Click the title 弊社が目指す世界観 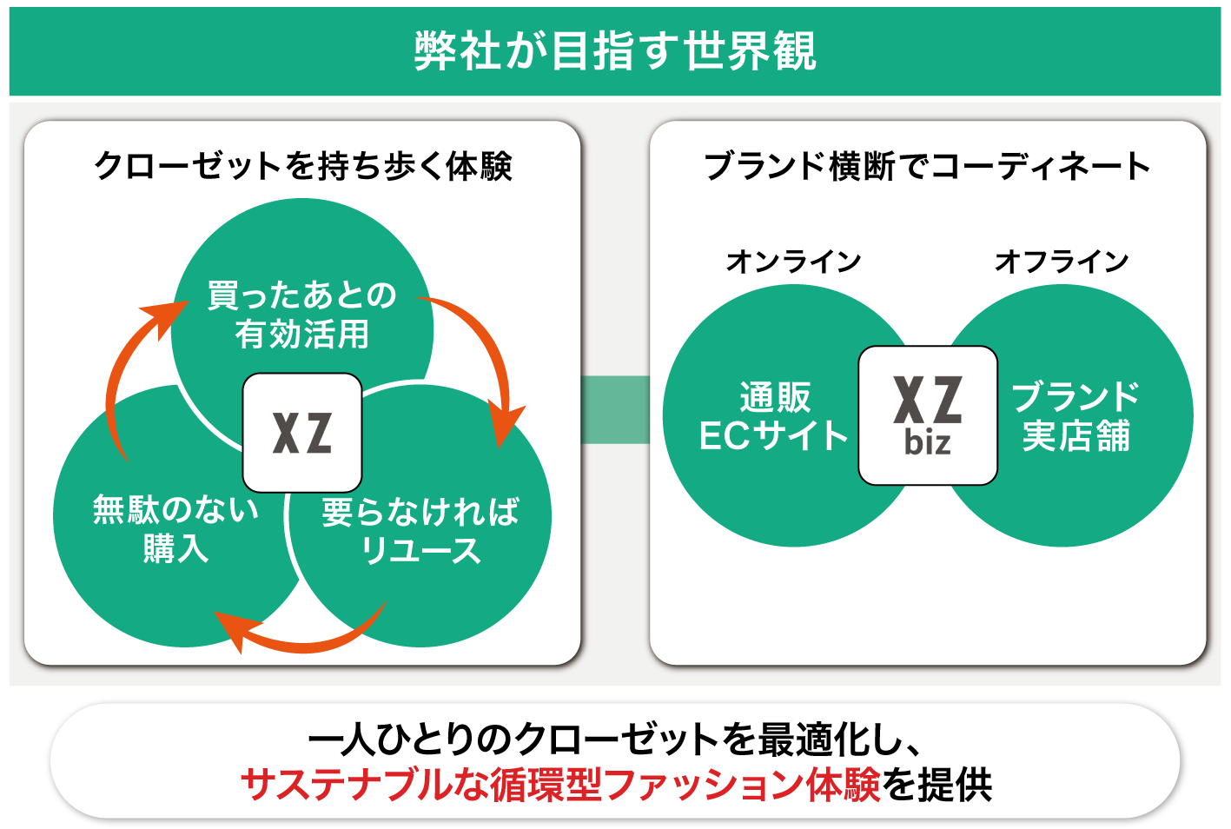(x=615, y=51)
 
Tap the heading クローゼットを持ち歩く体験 (x=302, y=166)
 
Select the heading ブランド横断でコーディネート (x=927, y=166)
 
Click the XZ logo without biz (x=302, y=433)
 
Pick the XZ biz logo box (x=928, y=415)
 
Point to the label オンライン (x=793, y=261)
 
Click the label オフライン (x=1061, y=261)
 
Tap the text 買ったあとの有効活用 (x=302, y=315)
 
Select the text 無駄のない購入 (x=176, y=528)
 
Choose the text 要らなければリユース (x=420, y=531)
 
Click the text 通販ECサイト (x=773, y=416)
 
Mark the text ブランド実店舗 (x=1075, y=416)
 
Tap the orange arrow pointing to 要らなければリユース (x=486, y=356)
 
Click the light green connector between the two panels (x=615, y=409)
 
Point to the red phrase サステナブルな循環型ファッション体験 (x=560, y=785)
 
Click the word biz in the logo (x=927, y=443)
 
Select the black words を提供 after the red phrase (x=937, y=785)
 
